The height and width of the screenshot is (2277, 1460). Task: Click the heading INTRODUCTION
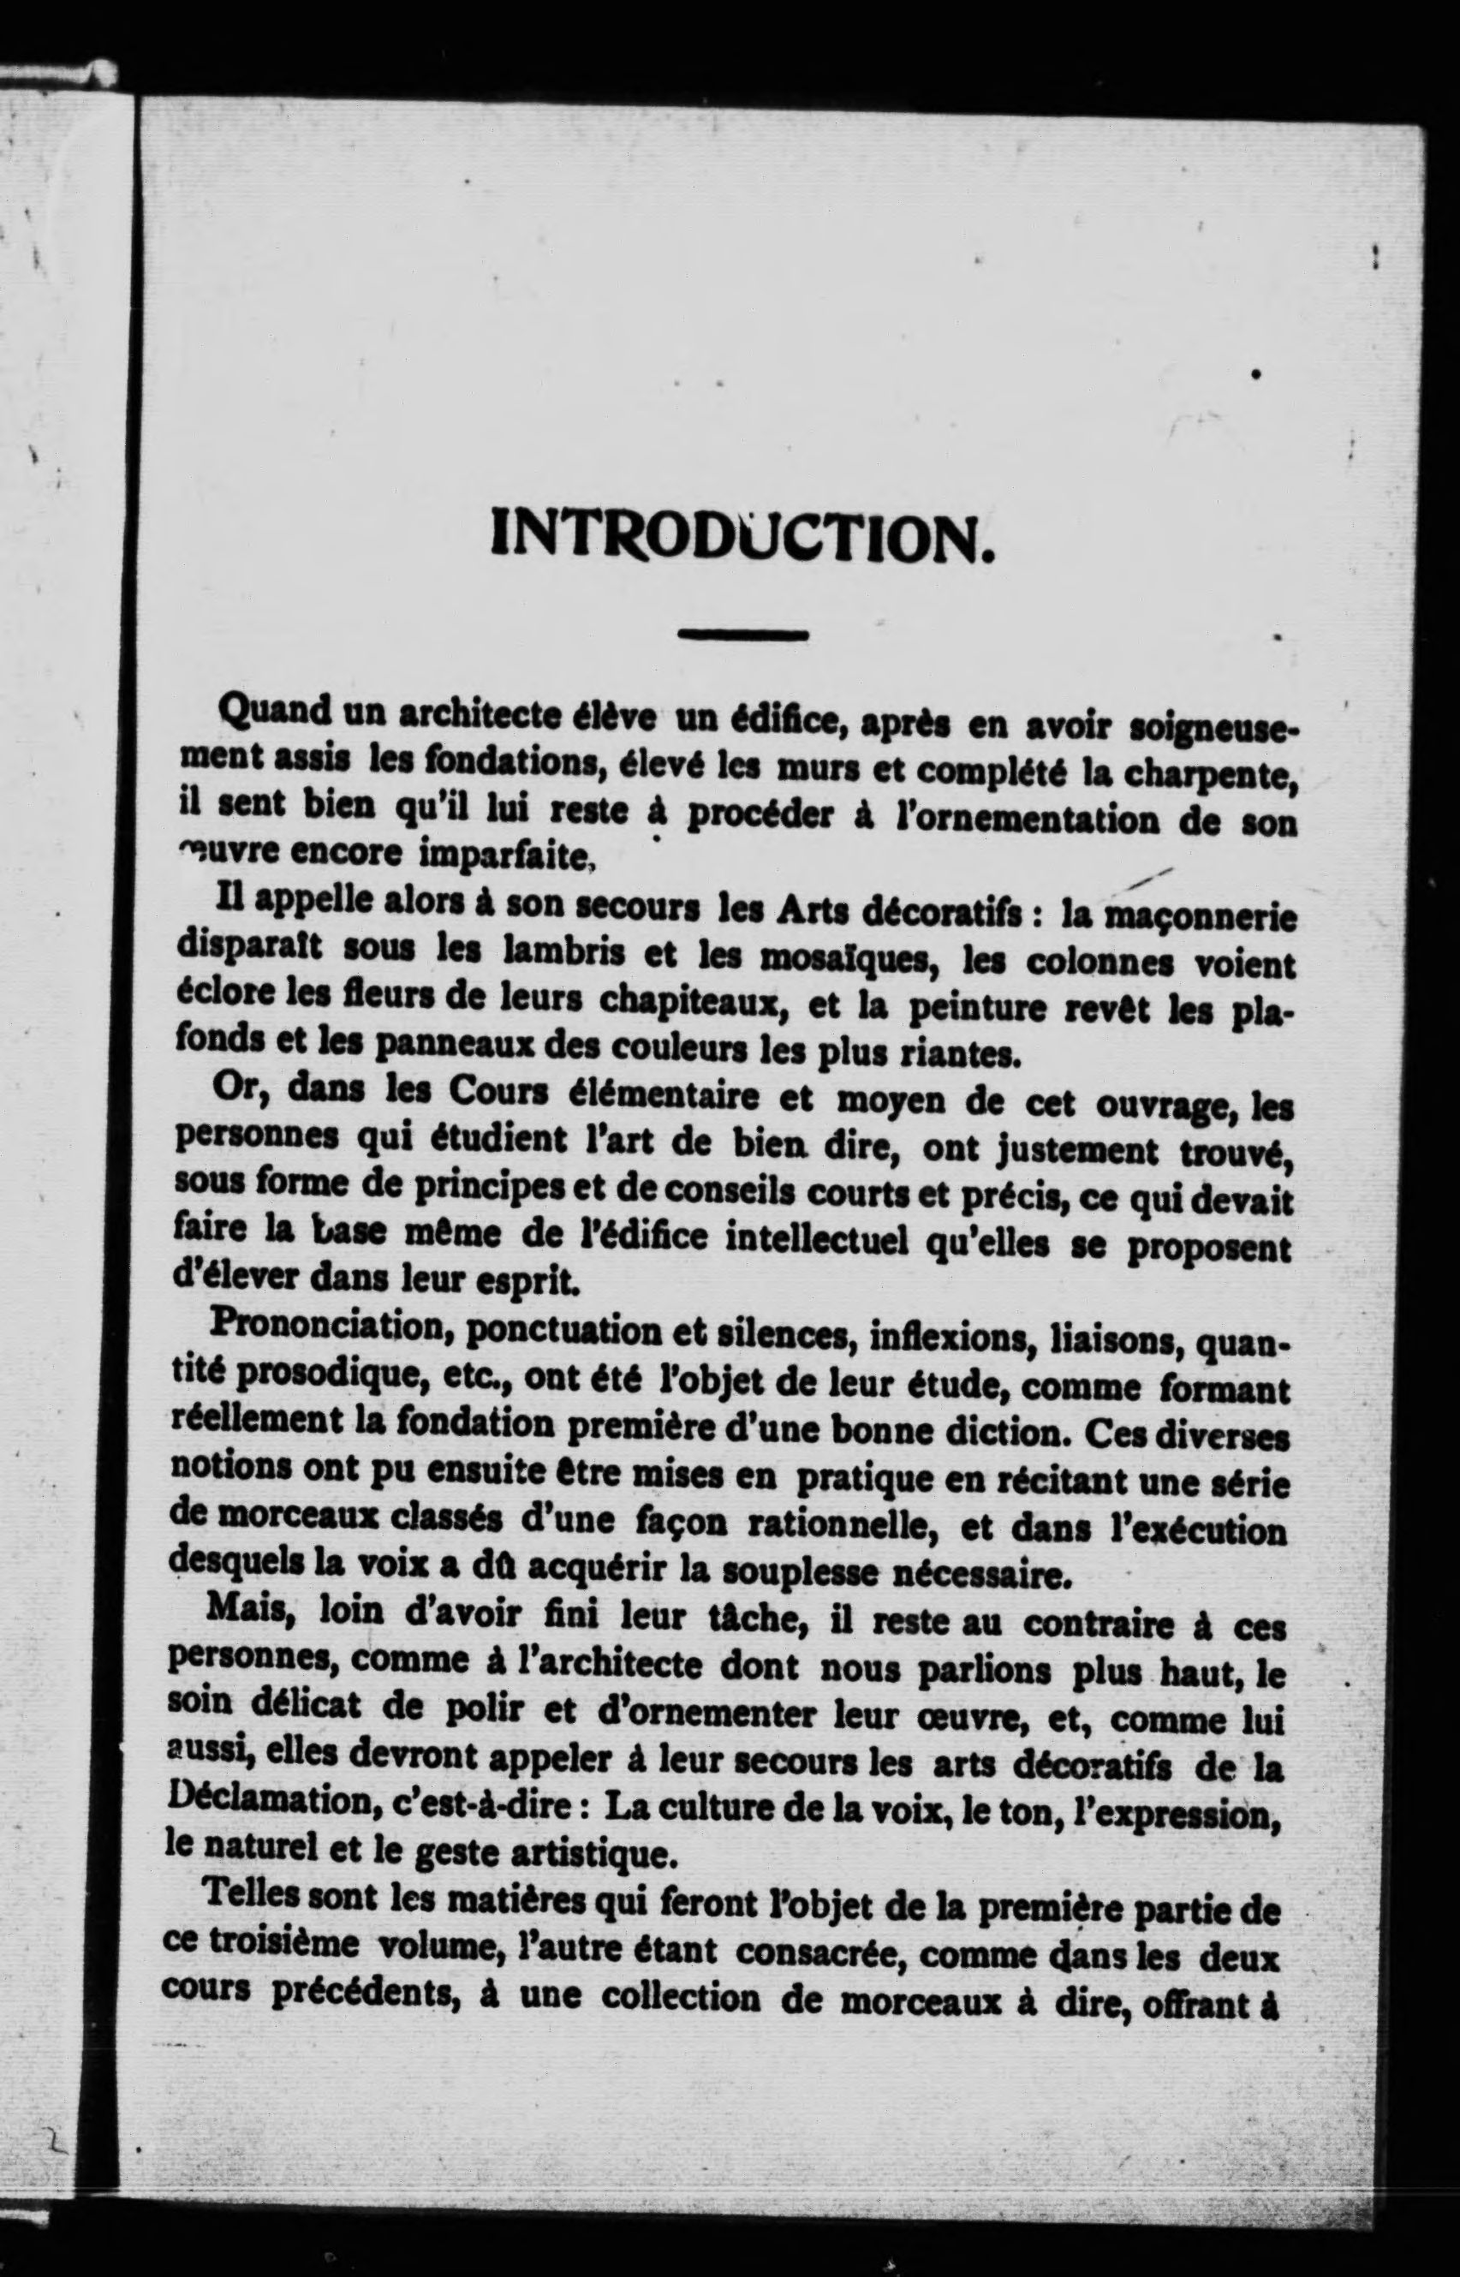point(743,538)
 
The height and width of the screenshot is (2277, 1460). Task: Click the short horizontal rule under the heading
point(743,635)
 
